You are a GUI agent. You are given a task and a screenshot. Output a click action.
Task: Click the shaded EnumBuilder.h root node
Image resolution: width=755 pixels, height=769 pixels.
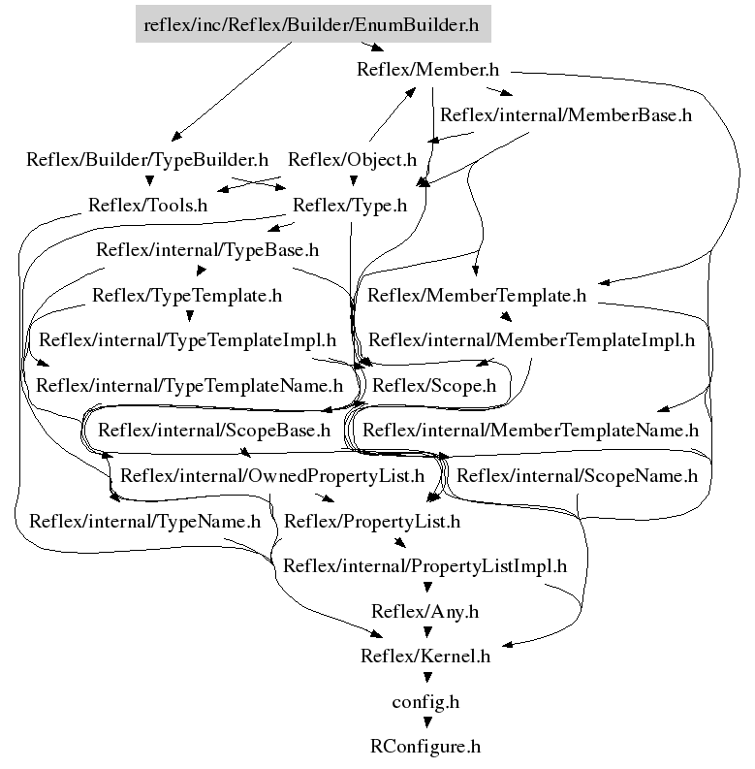[x=312, y=24]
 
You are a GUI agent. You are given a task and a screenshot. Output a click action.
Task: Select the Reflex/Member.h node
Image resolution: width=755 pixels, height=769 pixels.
[x=427, y=69]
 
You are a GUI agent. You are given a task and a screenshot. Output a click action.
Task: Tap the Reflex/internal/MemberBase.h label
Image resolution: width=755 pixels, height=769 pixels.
[x=565, y=114]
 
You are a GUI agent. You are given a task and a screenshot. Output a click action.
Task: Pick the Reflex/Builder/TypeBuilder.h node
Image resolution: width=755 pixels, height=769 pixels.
[x=147, y=160]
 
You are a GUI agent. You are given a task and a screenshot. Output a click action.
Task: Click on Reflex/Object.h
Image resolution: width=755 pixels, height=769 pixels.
[x=352, y=160]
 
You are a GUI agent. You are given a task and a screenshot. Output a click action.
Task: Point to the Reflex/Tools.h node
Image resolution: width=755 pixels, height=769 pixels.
[x=147, y=206]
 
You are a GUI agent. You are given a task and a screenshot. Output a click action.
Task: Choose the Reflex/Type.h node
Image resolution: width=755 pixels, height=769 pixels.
[x=349, y=206]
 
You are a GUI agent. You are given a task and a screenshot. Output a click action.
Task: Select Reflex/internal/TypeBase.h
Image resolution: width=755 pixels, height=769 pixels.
[x=194, y=250]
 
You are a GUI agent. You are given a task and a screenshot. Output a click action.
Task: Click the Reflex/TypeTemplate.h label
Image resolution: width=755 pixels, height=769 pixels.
[x=187, y=295]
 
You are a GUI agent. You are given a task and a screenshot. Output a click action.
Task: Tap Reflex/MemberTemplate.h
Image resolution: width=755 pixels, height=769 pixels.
[x=477, y=295]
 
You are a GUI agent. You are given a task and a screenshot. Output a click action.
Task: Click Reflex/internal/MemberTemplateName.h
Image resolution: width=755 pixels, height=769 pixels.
[x=530, y=430]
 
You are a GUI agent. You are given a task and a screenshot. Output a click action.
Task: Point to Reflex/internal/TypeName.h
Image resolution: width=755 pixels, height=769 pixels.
[x=144, y=521]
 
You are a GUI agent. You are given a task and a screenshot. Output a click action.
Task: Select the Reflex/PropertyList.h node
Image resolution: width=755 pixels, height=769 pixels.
[x=371, y=521]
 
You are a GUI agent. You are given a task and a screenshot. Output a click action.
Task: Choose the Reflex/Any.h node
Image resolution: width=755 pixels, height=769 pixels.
[x=425, y=612]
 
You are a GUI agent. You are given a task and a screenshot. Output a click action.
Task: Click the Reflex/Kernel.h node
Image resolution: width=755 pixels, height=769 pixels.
[x=425, y=657]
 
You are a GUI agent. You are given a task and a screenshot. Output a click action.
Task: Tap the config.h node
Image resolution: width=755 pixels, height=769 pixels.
[x=425, y=701]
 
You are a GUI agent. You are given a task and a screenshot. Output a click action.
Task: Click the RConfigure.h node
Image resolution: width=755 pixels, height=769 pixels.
[x=425, y=747]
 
